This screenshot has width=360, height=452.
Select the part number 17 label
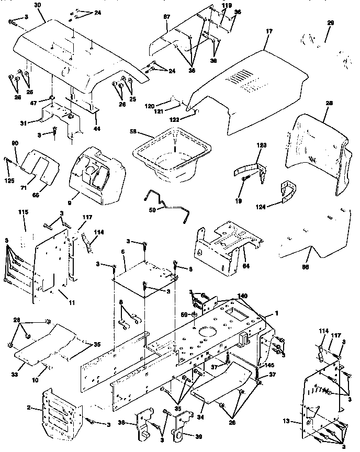coord(269,32)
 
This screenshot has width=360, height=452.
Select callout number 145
coord(269,365)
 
